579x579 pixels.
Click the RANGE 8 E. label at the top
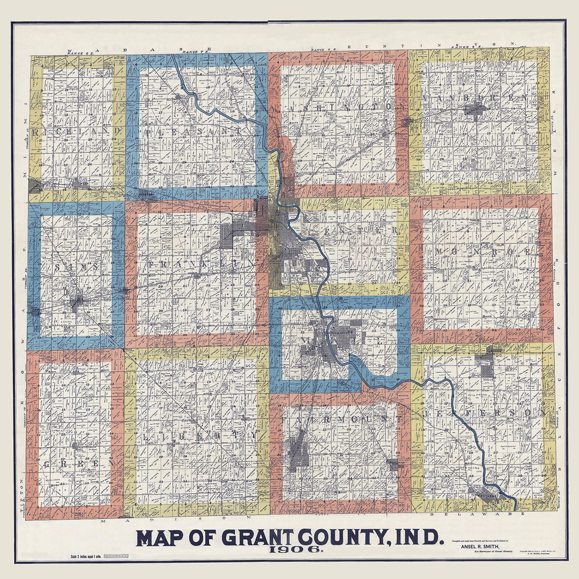[x=323, y=49]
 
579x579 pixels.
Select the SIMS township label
[x=77, y=267]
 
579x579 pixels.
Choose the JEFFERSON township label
[x=485, y=413]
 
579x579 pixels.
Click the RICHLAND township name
[x=77, y=131]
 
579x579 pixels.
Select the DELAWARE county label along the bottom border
[x=477, y=514]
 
